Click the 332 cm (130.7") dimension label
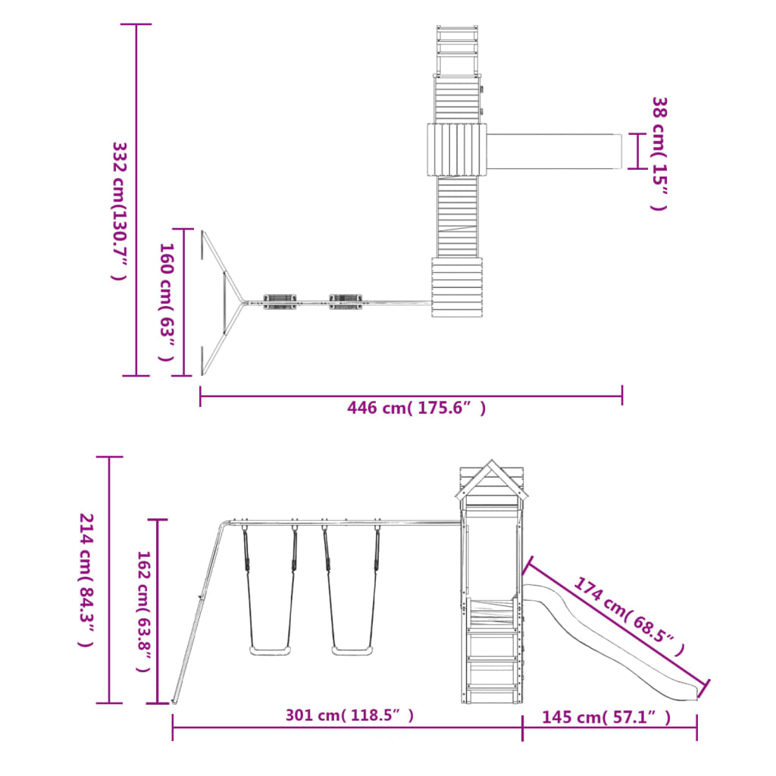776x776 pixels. click(x=119, y=211)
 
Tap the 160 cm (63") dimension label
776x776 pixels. click(x=167, y=302)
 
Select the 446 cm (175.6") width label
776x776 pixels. click(x=416, y=408)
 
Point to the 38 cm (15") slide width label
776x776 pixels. click(x=659, y=153)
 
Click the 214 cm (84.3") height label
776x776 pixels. click(x=86, y=580)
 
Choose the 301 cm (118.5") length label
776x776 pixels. click(x=349, y=715)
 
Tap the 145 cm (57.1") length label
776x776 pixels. click(x=606, y=717)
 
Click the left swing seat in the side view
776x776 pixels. click(x=269, y=650)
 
